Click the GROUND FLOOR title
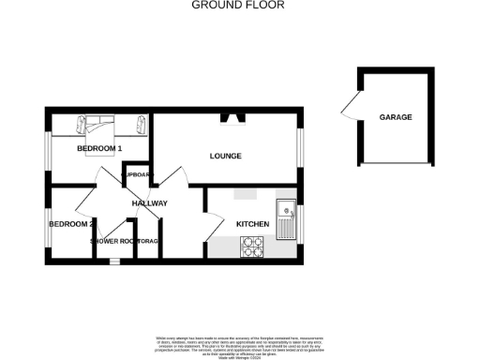click(x=238, y=6)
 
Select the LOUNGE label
click(x=226, y=156)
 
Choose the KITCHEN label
click(x=252, y=224)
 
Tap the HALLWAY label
click(x=149, y=203)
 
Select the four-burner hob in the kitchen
click(x=253, y=246)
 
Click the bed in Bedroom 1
click(x=98, y=127)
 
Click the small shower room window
click(x=113, y=262)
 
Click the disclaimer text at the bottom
click(x=240, y=343)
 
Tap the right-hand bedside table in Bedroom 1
click(x=141, y=123)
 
